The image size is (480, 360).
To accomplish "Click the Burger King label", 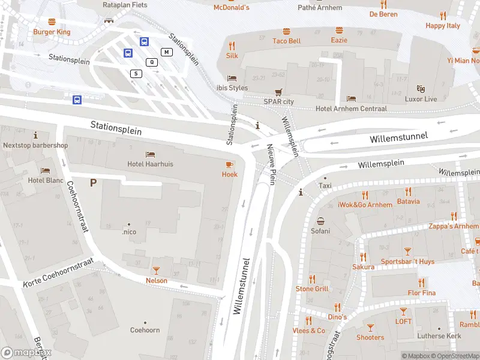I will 52,32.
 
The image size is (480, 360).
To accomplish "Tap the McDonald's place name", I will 231,7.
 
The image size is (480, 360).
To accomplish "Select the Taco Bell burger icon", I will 286,31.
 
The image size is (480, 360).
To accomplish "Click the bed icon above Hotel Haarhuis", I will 149,154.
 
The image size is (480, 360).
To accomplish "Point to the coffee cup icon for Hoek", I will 229,164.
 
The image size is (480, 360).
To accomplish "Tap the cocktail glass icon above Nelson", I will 156,271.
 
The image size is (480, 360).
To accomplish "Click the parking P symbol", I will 93,182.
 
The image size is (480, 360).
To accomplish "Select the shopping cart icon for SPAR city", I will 278,92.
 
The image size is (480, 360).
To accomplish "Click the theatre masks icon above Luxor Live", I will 421,89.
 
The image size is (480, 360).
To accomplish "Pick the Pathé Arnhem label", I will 320,8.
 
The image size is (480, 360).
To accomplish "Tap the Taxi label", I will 325,186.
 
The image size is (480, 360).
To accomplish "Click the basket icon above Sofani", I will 320,221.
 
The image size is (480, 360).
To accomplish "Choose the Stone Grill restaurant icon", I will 312,279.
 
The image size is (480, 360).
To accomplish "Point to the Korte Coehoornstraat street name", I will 59,272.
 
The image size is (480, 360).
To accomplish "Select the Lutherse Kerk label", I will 439,336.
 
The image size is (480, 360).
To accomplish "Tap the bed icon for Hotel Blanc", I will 45,170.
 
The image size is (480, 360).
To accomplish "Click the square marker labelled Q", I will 152,62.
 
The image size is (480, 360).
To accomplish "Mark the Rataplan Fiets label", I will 125,5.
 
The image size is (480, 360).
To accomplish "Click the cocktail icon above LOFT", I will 403,311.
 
